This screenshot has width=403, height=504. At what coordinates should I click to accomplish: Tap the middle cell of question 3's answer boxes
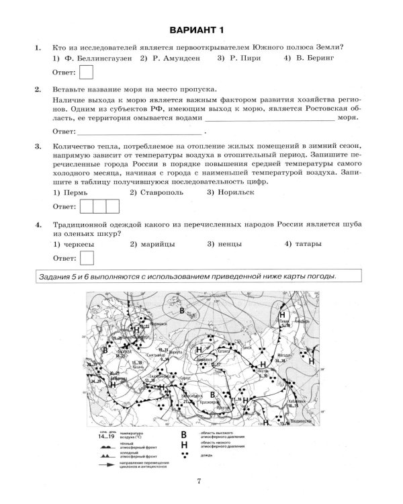click(98, 206)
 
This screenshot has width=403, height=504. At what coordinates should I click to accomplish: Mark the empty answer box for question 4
click(87, 257)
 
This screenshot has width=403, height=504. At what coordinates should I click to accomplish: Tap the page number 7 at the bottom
click(199, 480)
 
